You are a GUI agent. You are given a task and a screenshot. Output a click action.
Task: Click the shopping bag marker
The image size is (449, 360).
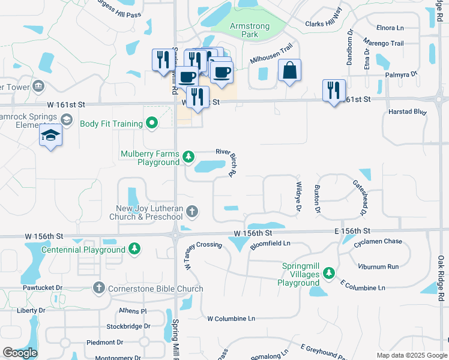pyautogui.click(x=289, y=71)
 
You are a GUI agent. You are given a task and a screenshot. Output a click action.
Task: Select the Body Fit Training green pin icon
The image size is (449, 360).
pyautogui.click(x=152, y=124)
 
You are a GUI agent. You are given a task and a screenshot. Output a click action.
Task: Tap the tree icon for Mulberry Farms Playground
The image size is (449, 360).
pyautogui.click(x=188, y=157)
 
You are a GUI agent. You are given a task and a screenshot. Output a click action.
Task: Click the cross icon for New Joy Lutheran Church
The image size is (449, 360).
pyautogui.click(x=192, y=211)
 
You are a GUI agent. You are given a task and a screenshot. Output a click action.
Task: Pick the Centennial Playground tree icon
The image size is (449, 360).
pyautogui.click(x=135, y=249)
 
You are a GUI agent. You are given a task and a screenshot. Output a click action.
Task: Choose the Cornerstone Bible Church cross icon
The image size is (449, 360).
pyautogui.click(x=100, y=289)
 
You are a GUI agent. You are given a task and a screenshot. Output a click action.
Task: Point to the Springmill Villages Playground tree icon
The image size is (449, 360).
pyautogui.click(x=328, y=274)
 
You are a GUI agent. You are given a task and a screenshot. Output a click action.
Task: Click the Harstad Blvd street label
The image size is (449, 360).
pyautogui.click(x=408, y=112)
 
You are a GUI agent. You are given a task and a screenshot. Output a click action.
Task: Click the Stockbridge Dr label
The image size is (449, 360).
pyautogui.click(x=127, y=327)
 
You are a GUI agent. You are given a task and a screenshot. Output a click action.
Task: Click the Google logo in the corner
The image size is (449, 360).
pyautogui.click(x=20, y=353)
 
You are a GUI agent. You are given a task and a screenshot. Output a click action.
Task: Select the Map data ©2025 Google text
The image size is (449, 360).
pyautogui.click(x=411, y=355)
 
